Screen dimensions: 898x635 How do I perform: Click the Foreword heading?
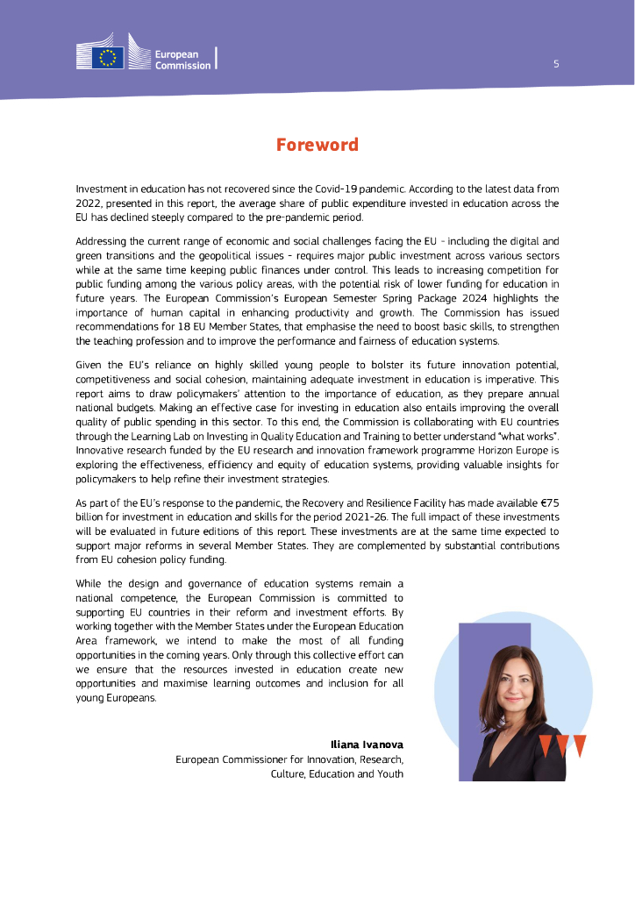pyautogui.click(x=317, y=145)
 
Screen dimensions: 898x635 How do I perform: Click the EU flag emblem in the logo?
pyautogui.click(x=108, y=59)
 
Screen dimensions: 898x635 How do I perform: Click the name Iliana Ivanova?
pyautogui.click(x=367, y=745)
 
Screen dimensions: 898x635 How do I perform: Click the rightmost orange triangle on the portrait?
pyautogui.click(x=579, y=745)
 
